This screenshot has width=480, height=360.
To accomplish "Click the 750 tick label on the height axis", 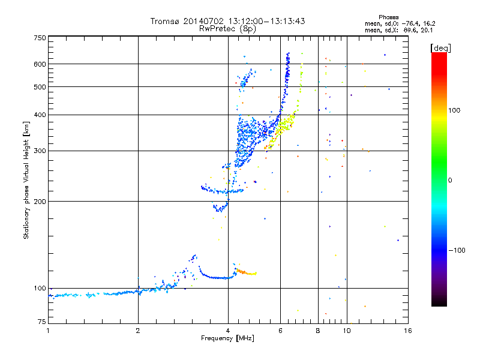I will pos(40,38).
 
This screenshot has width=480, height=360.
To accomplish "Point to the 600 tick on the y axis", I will pos(40,64).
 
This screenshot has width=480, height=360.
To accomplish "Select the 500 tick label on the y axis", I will pos(40,87).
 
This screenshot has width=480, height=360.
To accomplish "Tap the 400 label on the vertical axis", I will pos(40,115).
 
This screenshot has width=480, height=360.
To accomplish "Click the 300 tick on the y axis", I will pos(40,151).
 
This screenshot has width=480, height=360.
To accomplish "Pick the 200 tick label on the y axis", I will pos(40,201).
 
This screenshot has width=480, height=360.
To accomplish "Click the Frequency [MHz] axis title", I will pos(227,339).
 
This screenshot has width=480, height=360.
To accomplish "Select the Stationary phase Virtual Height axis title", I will pos(26,180).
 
